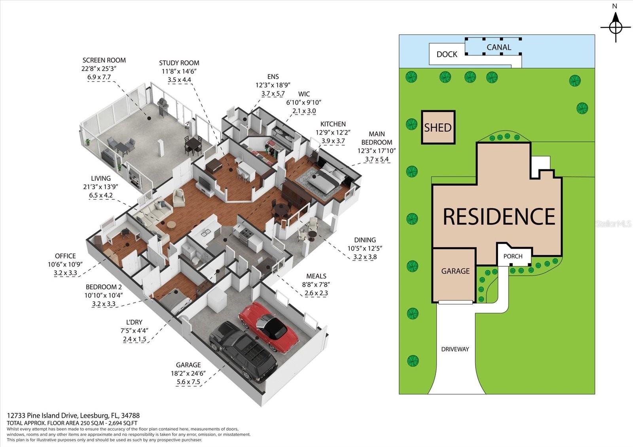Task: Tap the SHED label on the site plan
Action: pos(438,127)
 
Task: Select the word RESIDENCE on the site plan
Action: pos(498,216)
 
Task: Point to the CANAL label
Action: pos(498,47)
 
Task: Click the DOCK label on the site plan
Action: pos(447,54)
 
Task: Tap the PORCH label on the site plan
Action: pos(513,256)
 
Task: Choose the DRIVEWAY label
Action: pos(455,349)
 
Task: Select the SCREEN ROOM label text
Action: pos(104,60)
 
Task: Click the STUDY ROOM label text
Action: pos(179,63)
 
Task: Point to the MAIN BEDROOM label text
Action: pos(376,138)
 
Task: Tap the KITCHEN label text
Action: pos(333,124)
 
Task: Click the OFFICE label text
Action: pos(65,256)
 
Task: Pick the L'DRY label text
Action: pos(132,322)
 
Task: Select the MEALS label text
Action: pos(316,276)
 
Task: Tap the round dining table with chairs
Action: pos(281,210)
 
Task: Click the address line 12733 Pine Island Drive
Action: pos(74,416)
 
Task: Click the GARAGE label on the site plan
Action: pos(455,271)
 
